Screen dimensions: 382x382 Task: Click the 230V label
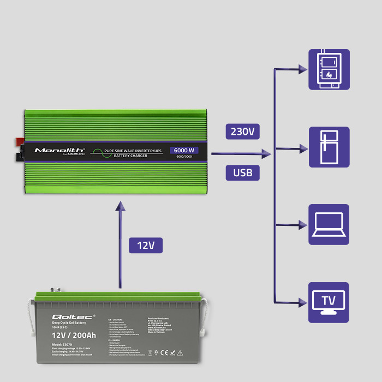click(x=243, y=132)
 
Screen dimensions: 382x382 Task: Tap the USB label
click(x=243, y=172)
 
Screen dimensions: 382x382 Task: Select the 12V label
click(x=146, y=245)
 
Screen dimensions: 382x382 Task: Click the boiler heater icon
click(x=329, y=69)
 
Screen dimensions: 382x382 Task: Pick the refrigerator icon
click(x=329, y=147)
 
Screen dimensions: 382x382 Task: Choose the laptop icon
click(x=329, y=224)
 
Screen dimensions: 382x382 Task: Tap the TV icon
click(x=329, y=302)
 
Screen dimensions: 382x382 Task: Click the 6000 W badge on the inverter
click(x=184, y=150)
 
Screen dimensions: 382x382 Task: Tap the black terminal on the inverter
click(x=18, y=158)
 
